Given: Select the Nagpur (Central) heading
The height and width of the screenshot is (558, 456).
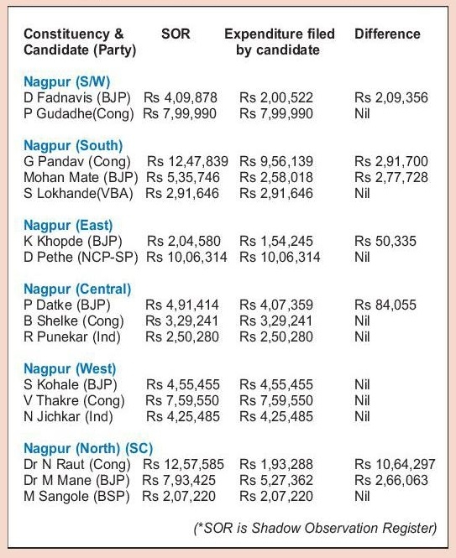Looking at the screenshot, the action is coord(77,289).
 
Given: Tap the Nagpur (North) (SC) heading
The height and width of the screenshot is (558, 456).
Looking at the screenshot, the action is coord(88,447).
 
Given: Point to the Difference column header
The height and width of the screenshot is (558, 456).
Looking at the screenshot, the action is coord(387,34).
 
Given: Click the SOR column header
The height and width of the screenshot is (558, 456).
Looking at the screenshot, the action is coord(175,34).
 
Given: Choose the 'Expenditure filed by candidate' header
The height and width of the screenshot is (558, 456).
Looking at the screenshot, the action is coord(279,42).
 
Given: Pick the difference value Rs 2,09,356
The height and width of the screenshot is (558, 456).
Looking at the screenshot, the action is coord(386,97).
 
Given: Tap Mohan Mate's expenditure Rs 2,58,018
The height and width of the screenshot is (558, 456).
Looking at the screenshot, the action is coord(275,176).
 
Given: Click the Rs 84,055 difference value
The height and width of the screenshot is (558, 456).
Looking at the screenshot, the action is coord(385,305).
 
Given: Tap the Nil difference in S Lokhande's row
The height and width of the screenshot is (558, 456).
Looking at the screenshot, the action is coord(362,192).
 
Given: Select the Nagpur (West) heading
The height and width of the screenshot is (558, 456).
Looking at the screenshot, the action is coord(71,368).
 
